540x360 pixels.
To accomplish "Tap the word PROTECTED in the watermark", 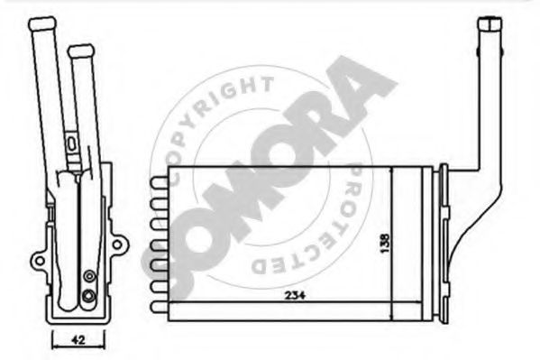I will point(325,226).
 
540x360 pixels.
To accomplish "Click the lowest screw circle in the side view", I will point(87,294).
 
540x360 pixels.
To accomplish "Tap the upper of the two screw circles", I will point(87,276).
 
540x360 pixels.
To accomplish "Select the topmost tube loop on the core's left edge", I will point(158,182).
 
